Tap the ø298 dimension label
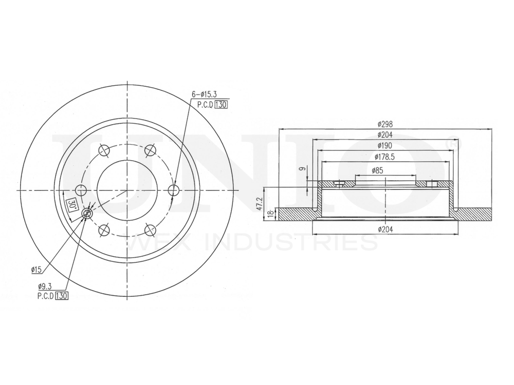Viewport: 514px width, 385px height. [385, 124]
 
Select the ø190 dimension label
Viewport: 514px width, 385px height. [385, 146]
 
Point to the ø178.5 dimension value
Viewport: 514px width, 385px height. [385, 157]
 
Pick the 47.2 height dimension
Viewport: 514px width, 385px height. [261, 203]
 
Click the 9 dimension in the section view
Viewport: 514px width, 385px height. [303, 168]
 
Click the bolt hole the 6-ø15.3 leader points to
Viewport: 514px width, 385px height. [174, 190]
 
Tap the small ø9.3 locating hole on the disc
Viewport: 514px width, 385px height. [87, 213]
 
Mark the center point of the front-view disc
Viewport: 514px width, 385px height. [127, 190]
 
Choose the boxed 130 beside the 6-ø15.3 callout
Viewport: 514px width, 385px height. [222, 104]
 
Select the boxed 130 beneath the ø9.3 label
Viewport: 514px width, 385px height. [62, 296]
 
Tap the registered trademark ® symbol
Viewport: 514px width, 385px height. [453, 140]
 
